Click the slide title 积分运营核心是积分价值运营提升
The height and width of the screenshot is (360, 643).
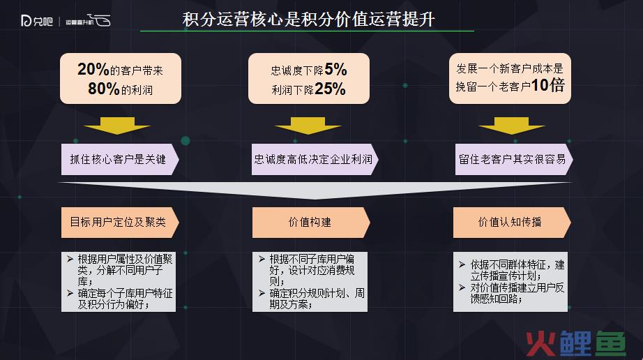tap(308, 20)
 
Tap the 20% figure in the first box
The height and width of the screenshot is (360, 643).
tap(93, 69)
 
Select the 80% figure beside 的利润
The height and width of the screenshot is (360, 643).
tap(104, 89)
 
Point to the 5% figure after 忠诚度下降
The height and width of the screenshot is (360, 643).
tap(335, 69)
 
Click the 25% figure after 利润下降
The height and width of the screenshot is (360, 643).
tap(330, 89)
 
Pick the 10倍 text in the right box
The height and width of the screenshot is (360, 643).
tap(548, 85)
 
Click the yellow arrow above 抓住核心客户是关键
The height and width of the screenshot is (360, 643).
tap(117, 126)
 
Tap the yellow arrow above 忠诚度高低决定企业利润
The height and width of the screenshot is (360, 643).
tap(308, 126)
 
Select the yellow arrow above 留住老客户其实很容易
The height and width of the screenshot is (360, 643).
tap(511, 126)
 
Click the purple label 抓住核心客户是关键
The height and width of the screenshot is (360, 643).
tap(120, 160)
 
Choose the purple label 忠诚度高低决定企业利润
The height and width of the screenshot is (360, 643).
tap(315, 160)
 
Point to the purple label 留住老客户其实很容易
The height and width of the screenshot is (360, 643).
tap(514, 160)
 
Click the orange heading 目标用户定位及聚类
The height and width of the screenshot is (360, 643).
tap(120, 223)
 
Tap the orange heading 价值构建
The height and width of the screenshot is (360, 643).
tap(311, 223)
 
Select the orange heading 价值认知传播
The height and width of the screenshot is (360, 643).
tap(512, 223)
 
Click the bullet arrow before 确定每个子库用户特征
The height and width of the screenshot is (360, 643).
tap(70, 293)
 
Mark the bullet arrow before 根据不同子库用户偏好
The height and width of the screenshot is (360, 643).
tap(262, 259)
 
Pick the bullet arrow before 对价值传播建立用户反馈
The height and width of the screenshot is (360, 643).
tap(462, 287)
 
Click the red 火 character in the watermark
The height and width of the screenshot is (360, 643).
tap(541, 343)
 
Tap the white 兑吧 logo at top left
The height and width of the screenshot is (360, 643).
tap(37, 20)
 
